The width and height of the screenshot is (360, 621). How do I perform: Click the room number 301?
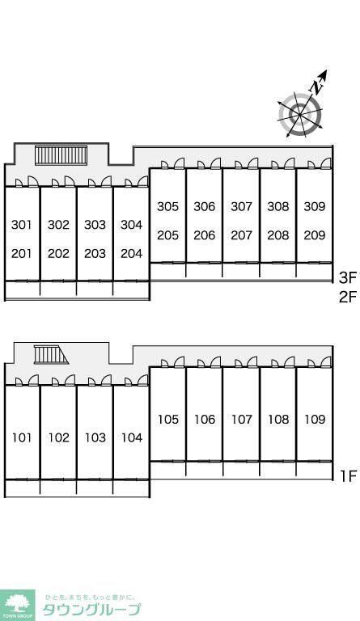(x=21, y=225)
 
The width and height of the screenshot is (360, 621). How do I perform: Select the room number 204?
(x=132, y=253)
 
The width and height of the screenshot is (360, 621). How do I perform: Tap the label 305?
(x=168, y=206)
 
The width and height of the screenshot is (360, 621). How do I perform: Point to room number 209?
(x=315, y=235)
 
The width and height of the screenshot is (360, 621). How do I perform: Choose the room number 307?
(x=242, y=206)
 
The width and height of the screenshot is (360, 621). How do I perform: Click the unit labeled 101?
(x=22, y=437)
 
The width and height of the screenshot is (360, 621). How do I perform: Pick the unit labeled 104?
(x=132, y=437)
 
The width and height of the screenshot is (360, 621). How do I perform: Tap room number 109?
(x=315, y=419)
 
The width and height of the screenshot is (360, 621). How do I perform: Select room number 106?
(x=205, y=419)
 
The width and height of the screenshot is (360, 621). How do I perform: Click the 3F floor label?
(x=348, y=278)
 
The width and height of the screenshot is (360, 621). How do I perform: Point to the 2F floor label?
(x=348, y=297)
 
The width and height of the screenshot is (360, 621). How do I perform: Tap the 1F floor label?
(x=349, y=475)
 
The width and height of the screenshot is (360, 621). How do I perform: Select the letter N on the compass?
(x=316, y=87)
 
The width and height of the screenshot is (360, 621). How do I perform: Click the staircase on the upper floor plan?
(x=61, y=155)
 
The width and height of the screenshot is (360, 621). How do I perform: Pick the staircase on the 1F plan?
(x=51, y=355)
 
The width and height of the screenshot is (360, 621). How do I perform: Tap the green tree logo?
(x=18, y=604)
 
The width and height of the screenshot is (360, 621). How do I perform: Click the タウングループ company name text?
(x=91, y=609)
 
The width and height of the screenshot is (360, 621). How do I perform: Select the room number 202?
(x=58, y=253)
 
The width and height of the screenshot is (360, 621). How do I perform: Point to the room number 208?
(x=278, y=235)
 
